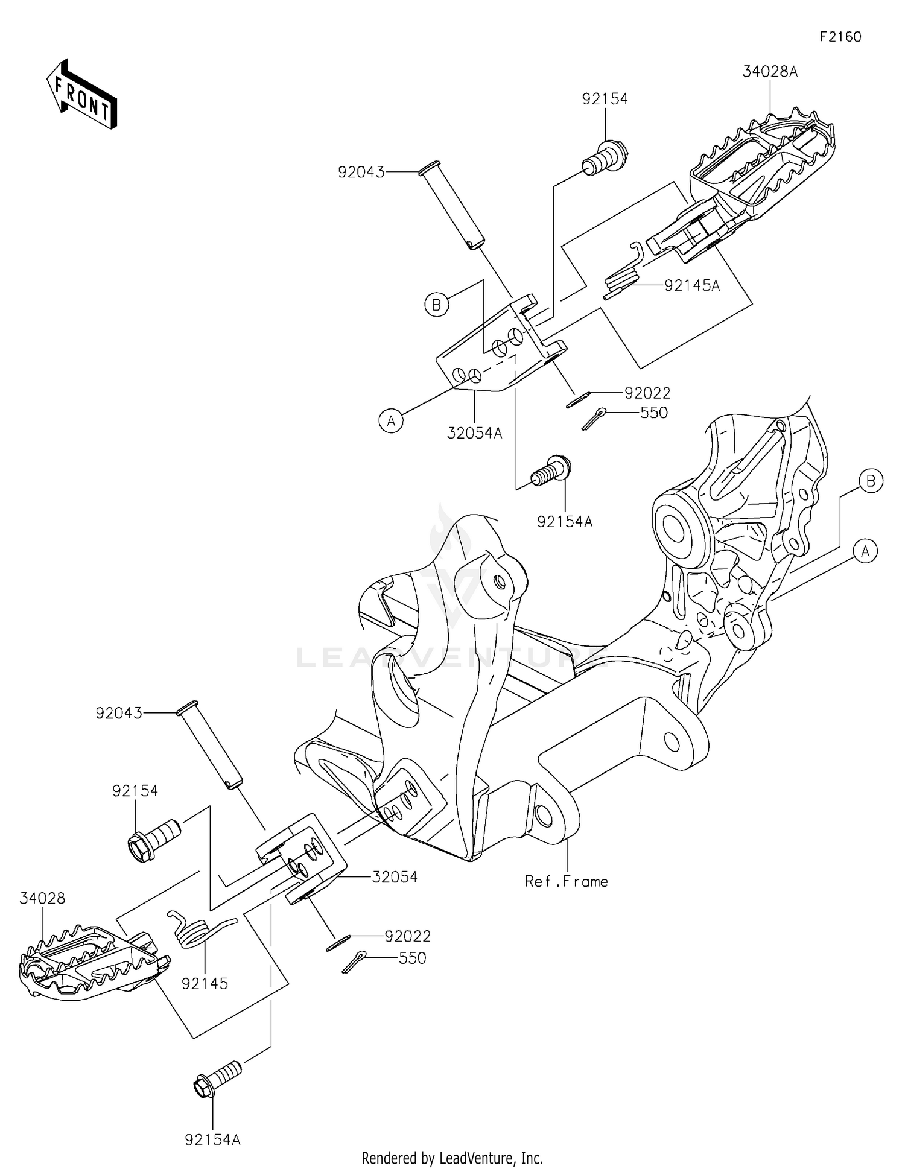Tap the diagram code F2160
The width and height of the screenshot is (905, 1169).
point(840,37)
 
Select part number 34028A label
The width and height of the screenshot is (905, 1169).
point(770,72)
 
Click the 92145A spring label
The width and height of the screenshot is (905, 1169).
point(692,285)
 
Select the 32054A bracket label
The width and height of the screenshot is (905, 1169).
point(475,432)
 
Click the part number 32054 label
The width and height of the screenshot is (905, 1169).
point(395,876)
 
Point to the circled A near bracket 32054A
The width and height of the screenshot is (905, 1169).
point(391,421)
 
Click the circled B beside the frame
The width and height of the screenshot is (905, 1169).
point(871,481)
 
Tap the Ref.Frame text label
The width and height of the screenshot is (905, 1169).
point(566,881)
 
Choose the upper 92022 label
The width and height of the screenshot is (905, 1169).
point(647,393)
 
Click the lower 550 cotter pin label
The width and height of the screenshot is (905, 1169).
point(413,958)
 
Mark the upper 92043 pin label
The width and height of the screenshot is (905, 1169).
point(361,173)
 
